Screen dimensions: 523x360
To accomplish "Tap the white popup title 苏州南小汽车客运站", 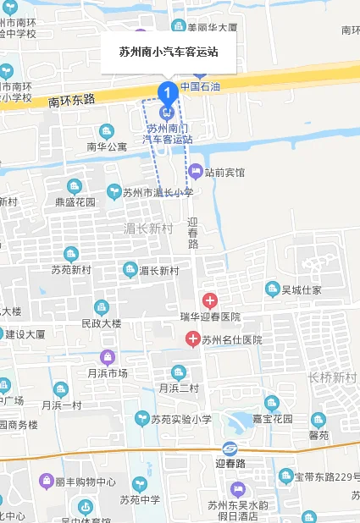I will click(x=169, y=52).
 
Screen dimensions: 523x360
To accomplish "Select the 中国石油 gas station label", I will click(x=200, y=86).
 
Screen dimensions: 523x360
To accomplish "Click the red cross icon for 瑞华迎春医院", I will click(x=209, y=300).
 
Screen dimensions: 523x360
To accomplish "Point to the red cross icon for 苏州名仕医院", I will click(x=192, y=339).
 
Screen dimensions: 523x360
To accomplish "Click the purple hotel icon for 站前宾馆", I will click(x=196, y=172).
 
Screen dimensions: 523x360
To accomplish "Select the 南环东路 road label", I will click(x=72, y=100).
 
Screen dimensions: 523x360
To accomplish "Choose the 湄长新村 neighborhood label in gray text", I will click(x=148, y=228).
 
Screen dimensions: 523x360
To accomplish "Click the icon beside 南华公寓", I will click(x=106, y=131).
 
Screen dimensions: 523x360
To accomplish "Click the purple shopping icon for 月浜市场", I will click(x=106, y=357).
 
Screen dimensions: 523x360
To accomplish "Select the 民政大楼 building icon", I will click(x=102, y=307).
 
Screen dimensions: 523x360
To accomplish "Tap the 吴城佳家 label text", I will click(x=302, y=289).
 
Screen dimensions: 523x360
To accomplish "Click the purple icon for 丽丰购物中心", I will click(x=46, y=482).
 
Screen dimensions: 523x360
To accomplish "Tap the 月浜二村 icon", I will click(x=178, y=372).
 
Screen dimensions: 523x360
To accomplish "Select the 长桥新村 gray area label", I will click(x=332, y=377).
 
